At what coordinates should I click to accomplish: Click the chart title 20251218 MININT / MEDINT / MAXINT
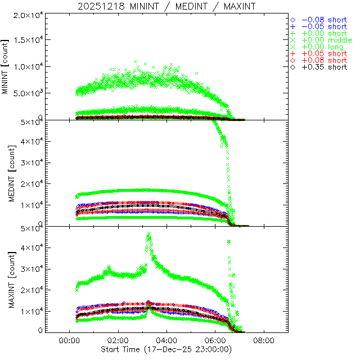(x=166, y=6)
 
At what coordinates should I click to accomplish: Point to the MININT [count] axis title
(x=6, y=66)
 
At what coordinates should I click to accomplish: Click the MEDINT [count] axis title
(x=6, y=173)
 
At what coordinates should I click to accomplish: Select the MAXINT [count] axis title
(x=6, y=280)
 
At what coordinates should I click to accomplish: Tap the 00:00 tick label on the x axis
(x=69, y=340)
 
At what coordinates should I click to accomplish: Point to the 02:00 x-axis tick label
(x=118, y=340)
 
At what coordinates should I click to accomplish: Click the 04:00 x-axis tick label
(x=166, y=340)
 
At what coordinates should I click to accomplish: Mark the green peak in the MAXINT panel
(x=148, y=233)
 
